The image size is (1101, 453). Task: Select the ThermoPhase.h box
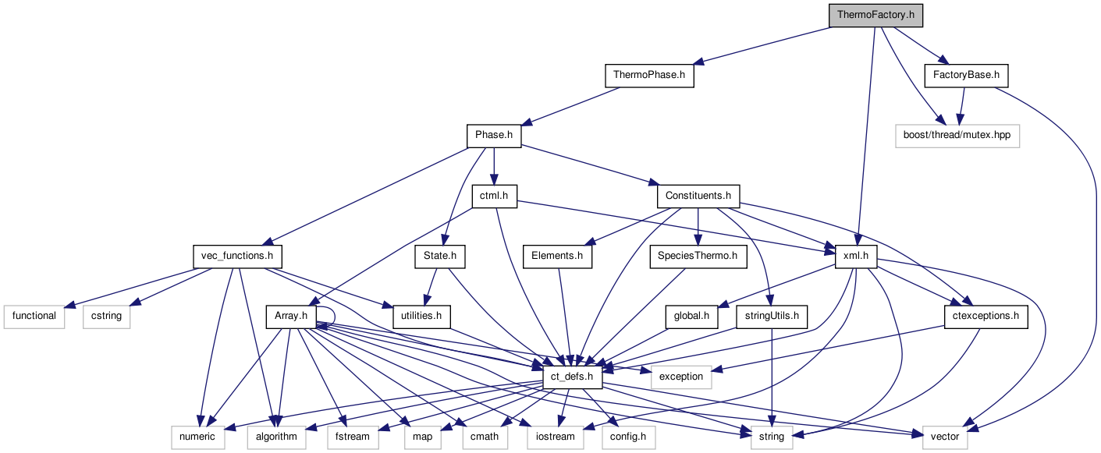click(x=649, y=76)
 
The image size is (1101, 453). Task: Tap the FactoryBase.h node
click(x=965, y=76)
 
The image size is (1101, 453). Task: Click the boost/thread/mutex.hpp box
click(x=957, y=136)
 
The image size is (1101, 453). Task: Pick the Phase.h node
click(x=494, y=136)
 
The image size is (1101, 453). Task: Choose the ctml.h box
click(x=495, y=196)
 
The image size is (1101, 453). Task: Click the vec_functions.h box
click(x=237, y=256)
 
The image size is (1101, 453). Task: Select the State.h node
click(x=439, y=256)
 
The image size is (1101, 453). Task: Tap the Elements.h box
click(x=557, y=256)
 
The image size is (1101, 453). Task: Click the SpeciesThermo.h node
click(x=698, y=256)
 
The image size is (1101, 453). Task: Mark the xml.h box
click(x=856, y=256)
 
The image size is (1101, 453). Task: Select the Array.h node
click(x=290, y=317)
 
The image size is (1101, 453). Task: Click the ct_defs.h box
click(x=573, y=377)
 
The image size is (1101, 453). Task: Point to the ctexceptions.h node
click(x=986, y=317)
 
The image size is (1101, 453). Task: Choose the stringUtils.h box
click(x=771, y=317)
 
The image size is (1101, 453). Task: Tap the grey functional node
click(x=34, y=317)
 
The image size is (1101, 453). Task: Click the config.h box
click(x=628, y=437)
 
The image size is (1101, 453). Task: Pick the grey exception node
click(x=681, y=377)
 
